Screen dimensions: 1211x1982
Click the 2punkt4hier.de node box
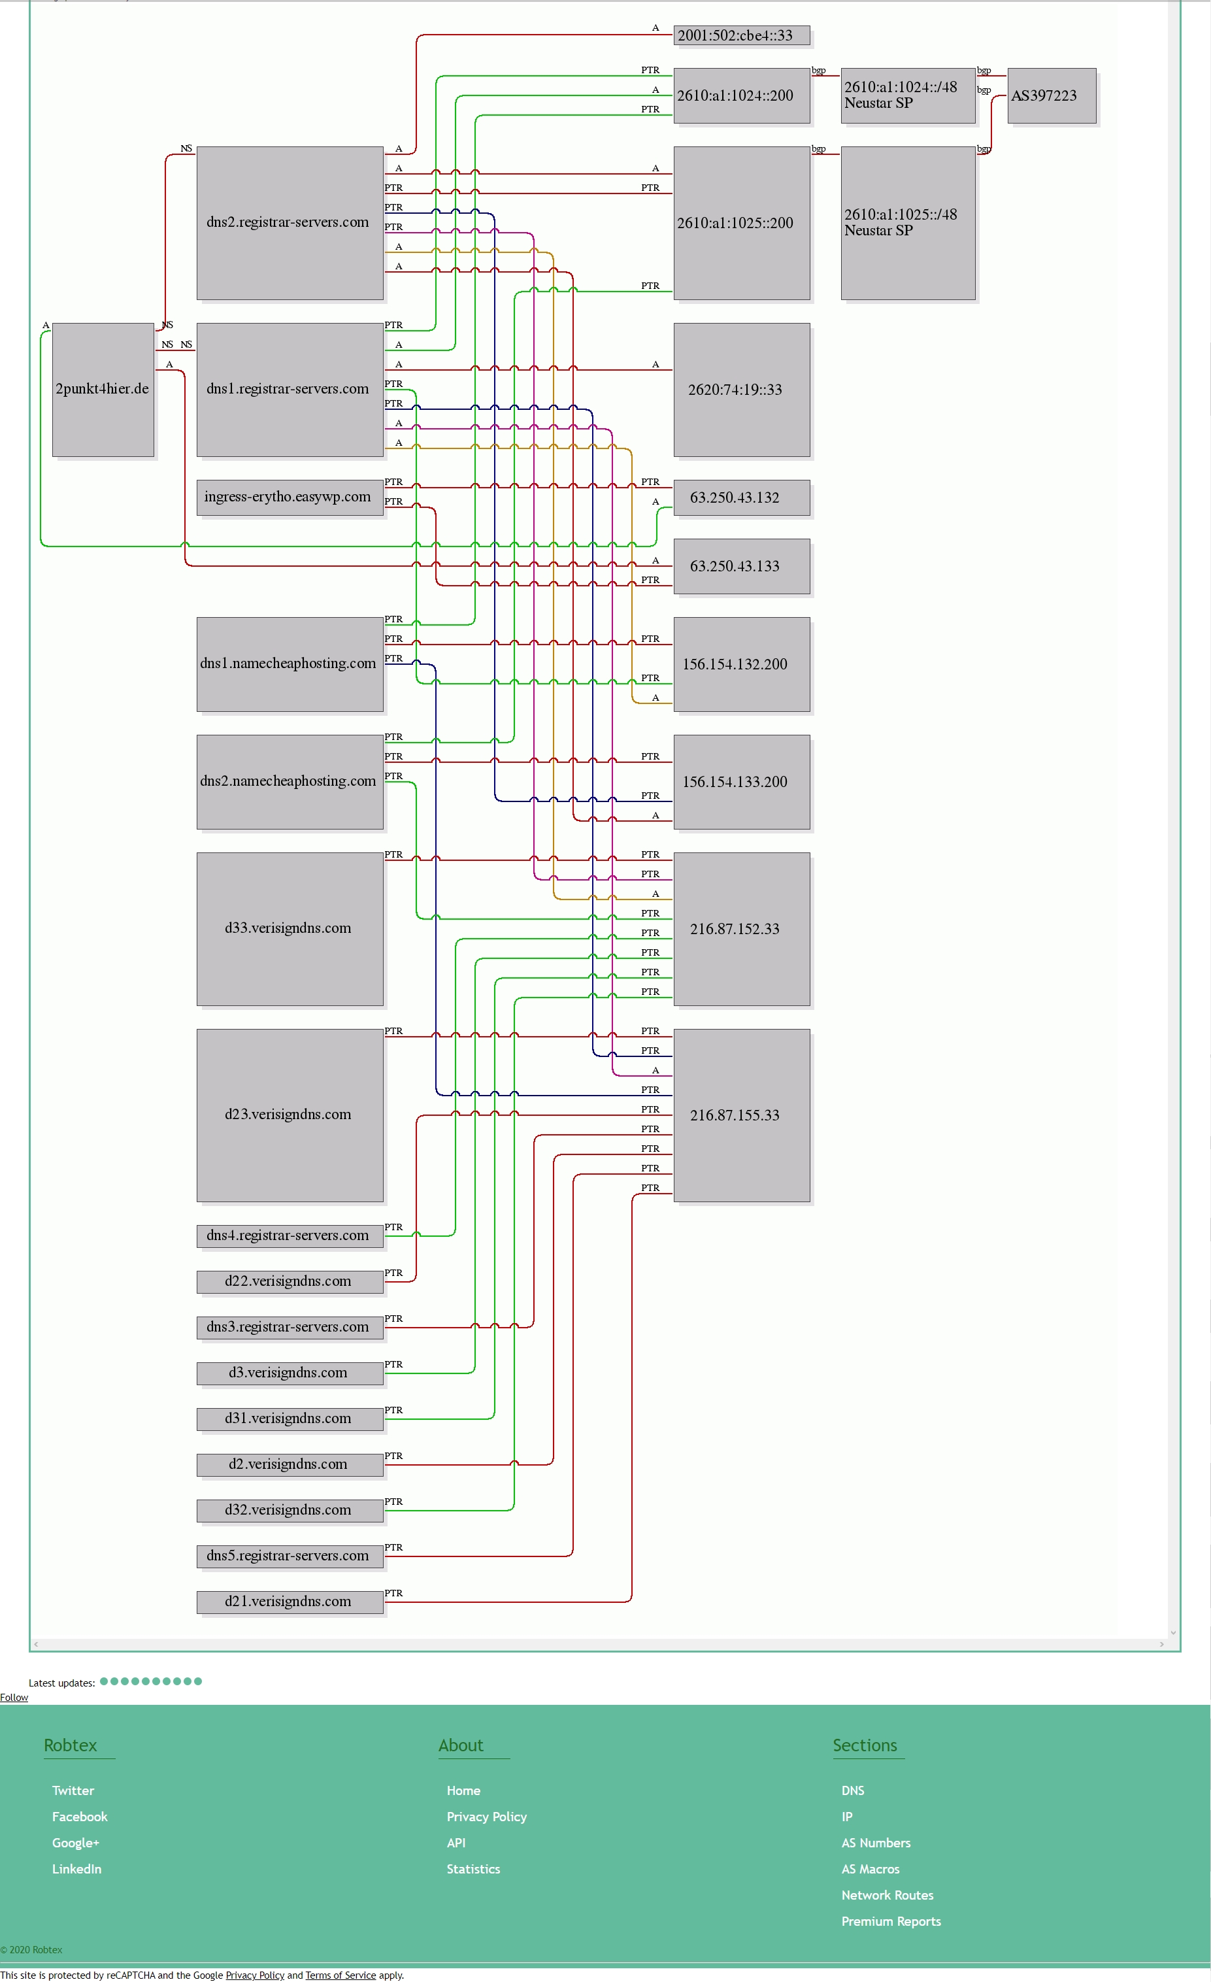pyautogui.click(x=103, y=390)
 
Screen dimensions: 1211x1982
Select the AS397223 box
pyautogui.click(x=1052, y=95)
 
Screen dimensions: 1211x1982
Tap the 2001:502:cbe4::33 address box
pyautogui.click(x=741, y=35)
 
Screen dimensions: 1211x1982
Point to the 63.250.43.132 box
pyautogui.click(x=741, y=497)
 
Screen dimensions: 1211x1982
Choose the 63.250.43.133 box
pyautogui.click(x=741, y=566)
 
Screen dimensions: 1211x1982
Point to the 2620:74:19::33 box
pyautogui.click(x=741, y=390)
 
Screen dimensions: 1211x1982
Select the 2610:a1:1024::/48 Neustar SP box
pyautogui.click(x=908, y=95)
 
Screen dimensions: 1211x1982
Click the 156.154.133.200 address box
pyautogui.click(x=741, y=782)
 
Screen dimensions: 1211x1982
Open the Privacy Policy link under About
pyautogui.click(x=486, y=1817)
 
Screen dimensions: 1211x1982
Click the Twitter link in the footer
pyautogui.click(x=73, y=1790)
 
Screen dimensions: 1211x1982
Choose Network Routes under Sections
pyautogui.click(x=887, y=1895)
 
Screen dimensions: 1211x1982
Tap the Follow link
pyautogui.click(x=14, y=1697)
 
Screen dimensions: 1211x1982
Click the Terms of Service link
pyautogui.click(x=340, y=1975)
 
